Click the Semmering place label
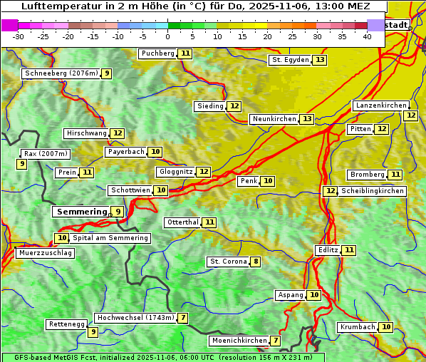80,212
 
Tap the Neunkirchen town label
274,119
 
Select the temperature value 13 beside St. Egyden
321,60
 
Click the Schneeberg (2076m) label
61,73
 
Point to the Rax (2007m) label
46,153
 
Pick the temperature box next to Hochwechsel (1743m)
183,318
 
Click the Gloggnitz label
175,172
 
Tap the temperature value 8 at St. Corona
256,262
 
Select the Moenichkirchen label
239,341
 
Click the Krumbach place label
358,327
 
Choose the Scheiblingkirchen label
372,191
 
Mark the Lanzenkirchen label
380,105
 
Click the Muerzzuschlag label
45,253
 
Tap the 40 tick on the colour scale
367,36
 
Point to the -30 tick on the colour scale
19,36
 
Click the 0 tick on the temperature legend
167,36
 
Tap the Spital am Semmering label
110,238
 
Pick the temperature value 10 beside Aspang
314,295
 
